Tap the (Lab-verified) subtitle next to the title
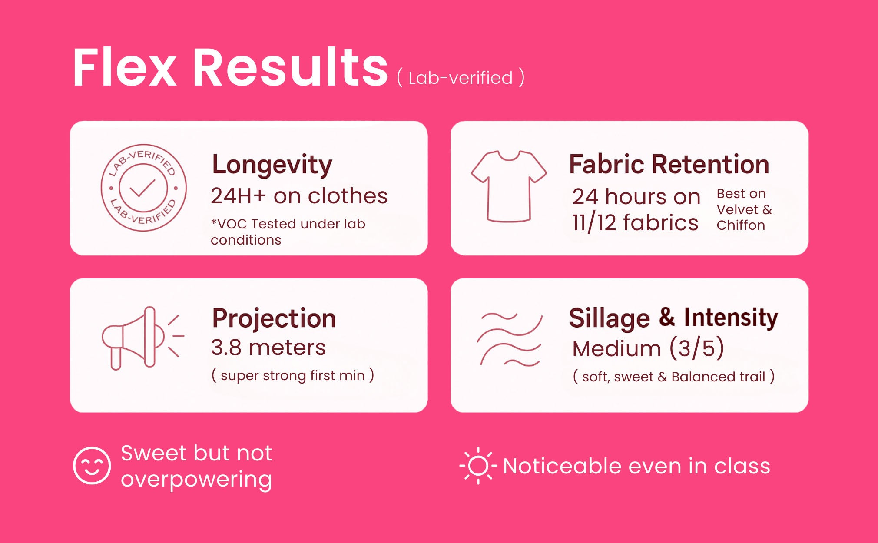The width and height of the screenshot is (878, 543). tap(461, 78)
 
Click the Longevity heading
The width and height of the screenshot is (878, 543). tap(272, 165)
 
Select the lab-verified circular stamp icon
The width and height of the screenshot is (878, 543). tap(143, 188)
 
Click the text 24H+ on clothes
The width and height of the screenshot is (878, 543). tap(299, 196)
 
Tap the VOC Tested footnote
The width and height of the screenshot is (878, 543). tap(288, 232)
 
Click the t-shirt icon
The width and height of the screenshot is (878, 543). tap(509, 186)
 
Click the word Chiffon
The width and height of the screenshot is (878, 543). tap(741, 225)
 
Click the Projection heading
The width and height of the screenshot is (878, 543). tap(274, 318)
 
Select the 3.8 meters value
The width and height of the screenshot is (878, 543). tap(268, 348)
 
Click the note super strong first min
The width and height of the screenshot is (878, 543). tap(292, 375)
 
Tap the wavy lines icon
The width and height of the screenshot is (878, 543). tap(510, 339)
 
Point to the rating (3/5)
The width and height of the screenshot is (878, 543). tap(696, 348)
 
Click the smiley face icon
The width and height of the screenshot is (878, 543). tap(92, 465)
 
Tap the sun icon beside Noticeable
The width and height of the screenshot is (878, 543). tap(478, 466)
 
